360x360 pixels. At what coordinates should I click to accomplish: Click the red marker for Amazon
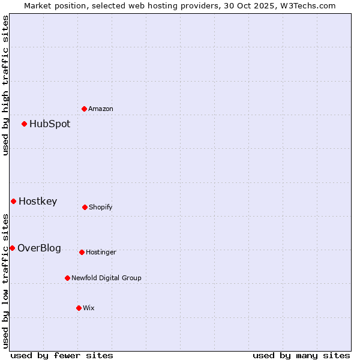pyautogui.click(x=84, y=109)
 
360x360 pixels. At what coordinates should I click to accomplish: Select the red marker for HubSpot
pyautogui.click(x=24, y=124)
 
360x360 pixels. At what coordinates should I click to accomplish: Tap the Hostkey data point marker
pyautogui.click(x=13, y=201)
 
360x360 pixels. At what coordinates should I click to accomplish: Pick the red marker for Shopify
pyautogui.click(x=85, y=207)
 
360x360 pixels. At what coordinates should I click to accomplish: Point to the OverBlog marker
pyautogui.click(x=12, y=248)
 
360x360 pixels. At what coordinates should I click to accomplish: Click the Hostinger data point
pyautogui.click(x=82, y=252)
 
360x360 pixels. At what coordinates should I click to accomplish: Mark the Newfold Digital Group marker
pyautogui.click(x=67, y=278)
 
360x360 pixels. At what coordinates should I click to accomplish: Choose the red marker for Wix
pyautogui.click(x=79, y=308)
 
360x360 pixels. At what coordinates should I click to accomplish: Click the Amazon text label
pyautogui.click(x=101, y=109)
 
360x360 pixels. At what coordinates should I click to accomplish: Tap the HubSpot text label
pyautogui.click(x=50, y=124)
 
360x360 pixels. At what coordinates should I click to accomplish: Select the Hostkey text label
pyautogui.click(x=38, y=202)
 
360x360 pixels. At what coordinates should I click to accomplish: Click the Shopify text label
pyautogui.click(x=101, y=207)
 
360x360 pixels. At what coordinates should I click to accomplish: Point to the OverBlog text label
pyautogui.click(x=39, y=248)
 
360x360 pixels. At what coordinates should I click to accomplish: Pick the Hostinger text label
pyautogui.click(x=101, y=252)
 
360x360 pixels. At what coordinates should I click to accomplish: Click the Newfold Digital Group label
pyautogui.click(x=106, y=278)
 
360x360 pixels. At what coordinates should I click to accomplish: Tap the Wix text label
pyautogui.click(x=89, y=308)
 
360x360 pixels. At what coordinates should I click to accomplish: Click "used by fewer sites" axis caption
pyautogui.click(x=62, y=355)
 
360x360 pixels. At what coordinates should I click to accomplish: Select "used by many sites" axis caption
pyautogui.click(x=301, y=355)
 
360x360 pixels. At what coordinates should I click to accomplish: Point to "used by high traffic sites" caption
pyautogui.click(x=5, y=85)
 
